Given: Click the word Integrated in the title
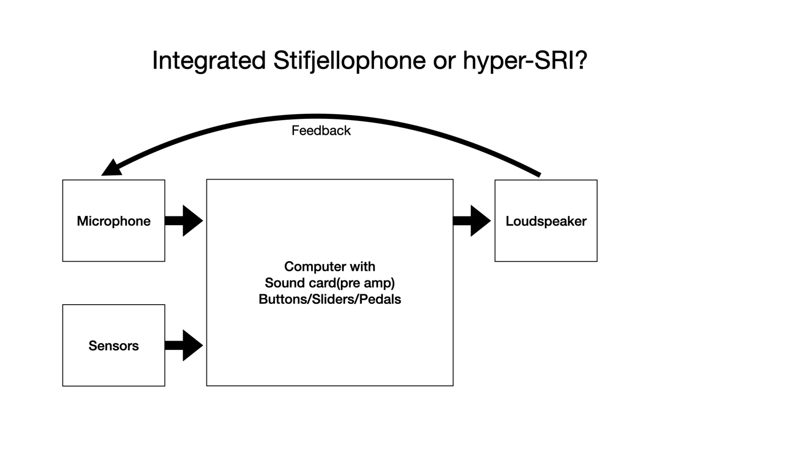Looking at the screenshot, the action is (x=209, y=61).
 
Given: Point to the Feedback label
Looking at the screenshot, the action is (x=321, y=131).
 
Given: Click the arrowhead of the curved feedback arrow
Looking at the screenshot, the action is (x=111, y=168).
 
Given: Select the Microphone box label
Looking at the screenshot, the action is (x=113, y=221).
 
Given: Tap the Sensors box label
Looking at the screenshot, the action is (x=113, y=346).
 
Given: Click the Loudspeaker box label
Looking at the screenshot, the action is (x=546, y=221).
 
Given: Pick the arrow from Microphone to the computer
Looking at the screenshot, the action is (x=184, y=220).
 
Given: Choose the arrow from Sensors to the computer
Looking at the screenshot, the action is (x=184, y=345).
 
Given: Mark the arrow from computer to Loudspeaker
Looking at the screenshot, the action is (x=472, y=220).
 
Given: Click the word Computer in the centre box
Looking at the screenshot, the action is (x=312, y=267).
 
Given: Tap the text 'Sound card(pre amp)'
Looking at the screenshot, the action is (x=330, y=283).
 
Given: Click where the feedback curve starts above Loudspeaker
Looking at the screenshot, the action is (x=540, y=174).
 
